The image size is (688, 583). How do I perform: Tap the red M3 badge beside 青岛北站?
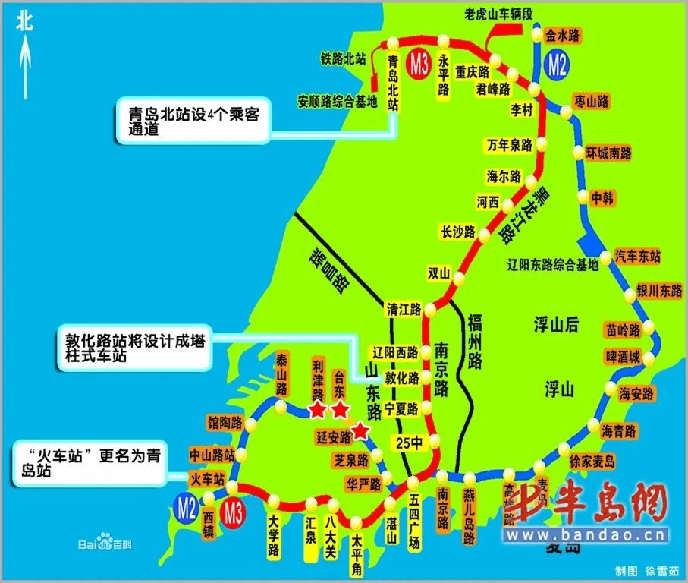[x=419, y=63]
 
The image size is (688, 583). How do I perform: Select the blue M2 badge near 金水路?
[x=557, y=65]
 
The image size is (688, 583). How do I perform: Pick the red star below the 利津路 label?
[x=317, y=411]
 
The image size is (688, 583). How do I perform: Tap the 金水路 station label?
[x=562, y=35]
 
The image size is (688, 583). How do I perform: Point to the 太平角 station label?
[x=356, y=553]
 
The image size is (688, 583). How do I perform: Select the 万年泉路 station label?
[x=509, y=145]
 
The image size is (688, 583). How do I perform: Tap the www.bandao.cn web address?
[x=589, y=536]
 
